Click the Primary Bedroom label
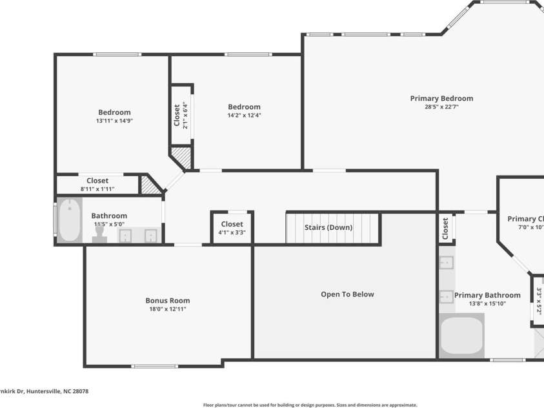point(441,98)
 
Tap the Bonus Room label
point(167,300)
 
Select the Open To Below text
point(347,294)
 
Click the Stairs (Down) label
point(328,227)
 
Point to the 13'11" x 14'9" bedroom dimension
point(114,121)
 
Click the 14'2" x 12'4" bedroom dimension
point(244,116)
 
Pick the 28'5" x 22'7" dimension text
point(441,107)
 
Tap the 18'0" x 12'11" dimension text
point(167,309)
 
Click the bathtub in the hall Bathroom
point(69,221)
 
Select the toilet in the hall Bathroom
point(99,236)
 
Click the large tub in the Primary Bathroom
point(461,336)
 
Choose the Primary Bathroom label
point(487,295)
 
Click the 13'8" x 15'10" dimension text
point(487,303)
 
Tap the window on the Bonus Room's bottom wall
point(154,367)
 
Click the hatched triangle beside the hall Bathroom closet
point(150,185)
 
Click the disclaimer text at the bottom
point(310,405)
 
